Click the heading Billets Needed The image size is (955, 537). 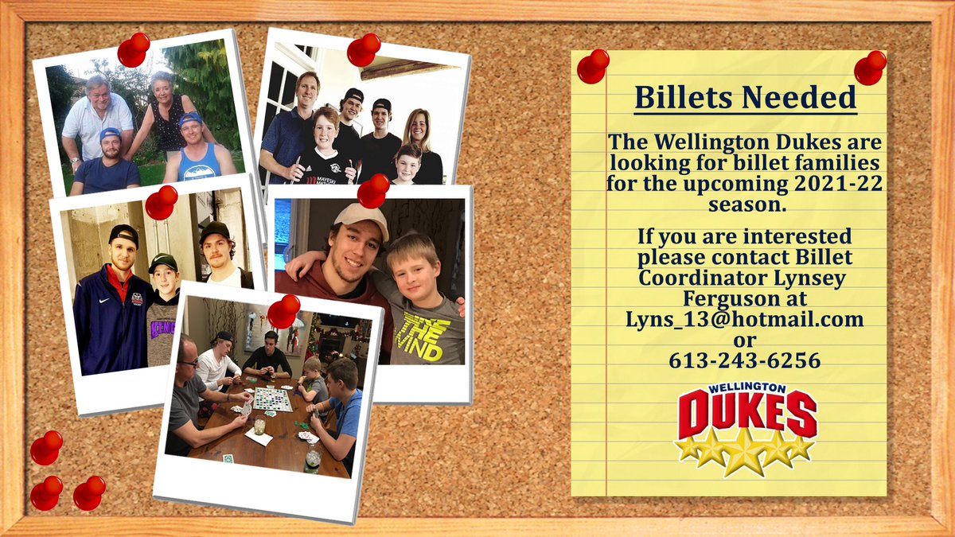click(x=745, y=98)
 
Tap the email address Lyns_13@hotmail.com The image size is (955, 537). click(x=744, y=319)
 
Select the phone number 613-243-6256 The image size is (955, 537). click(x=745, y=360)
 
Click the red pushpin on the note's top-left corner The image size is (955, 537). click(x=592, y=66)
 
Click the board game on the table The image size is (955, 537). click(x=272, y=398)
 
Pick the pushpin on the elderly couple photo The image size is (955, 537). click(x=133, y=49)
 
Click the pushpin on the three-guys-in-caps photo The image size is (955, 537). click(x=161, y=201)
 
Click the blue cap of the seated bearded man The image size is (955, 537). click(x=110, y=133)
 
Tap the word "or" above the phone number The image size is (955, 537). click(x=744, y=340)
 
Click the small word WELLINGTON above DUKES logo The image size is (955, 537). click(x=747, y=388)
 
